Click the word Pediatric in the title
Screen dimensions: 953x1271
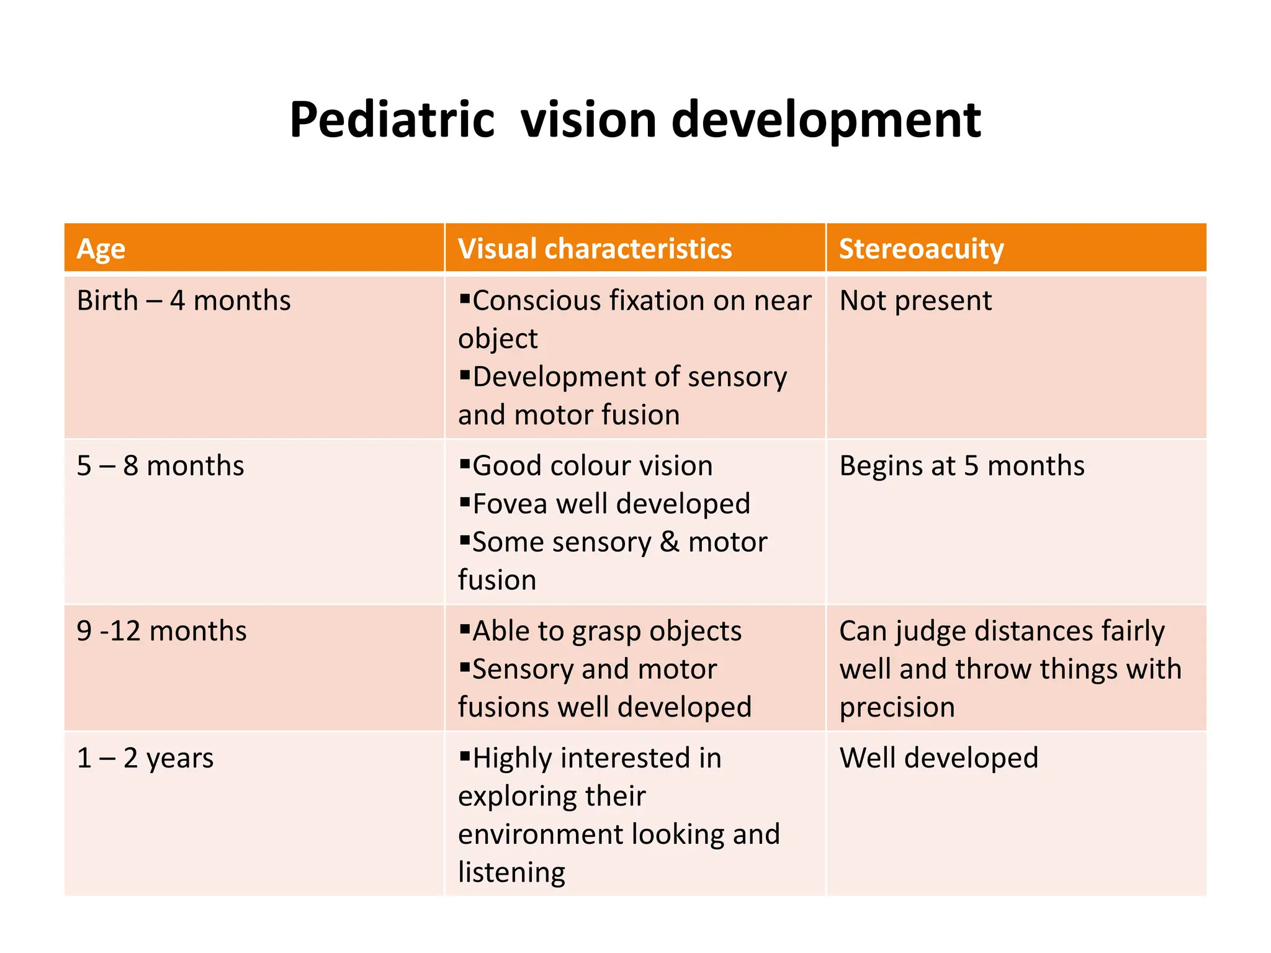[x=392, y=120]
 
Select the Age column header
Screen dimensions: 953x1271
[x=101, y=249]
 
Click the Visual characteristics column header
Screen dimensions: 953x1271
[x=595, y=249]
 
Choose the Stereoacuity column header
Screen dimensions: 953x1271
[x=921, y=249]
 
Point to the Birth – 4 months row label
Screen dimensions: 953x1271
[x=184, y=301]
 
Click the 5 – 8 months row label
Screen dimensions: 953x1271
[x=160, y=466]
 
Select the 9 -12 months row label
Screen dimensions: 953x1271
[x=161, y=631]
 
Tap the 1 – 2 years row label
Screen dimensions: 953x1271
[x=145, y=758]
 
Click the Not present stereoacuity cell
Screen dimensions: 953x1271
[x=915, y=301]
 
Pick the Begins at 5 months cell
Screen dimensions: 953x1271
[x=961, y=466]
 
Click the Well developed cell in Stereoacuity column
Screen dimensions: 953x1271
[x=938, y=758]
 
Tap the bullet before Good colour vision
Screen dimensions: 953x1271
[x=465, y=463]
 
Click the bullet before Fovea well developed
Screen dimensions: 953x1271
[x=465, y=501]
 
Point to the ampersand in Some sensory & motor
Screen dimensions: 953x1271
[x=670, y=542]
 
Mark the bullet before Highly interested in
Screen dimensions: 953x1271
[x=465, y=756]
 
